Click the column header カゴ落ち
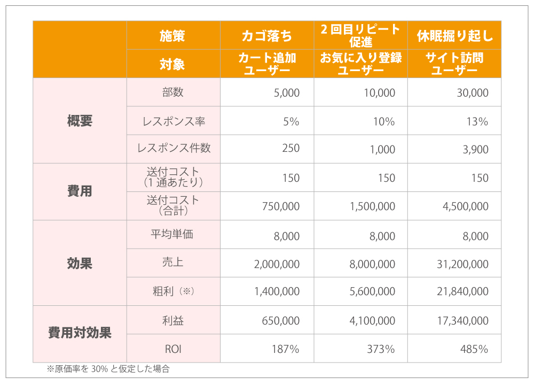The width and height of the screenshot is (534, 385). click(267, 36)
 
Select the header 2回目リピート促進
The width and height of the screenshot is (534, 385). click(360, 35)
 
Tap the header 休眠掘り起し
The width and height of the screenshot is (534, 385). click(454, 36)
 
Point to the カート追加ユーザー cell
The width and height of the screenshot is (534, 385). click(267, 64)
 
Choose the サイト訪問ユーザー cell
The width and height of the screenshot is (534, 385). click(454, 64)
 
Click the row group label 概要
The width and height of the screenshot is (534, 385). click(80, 121)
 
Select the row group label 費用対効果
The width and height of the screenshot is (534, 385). click(80, 334)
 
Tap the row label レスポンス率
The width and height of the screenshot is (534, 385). click(174, 121)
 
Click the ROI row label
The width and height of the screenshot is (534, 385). click(174, 349)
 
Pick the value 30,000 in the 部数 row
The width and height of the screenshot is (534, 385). click(472, 93)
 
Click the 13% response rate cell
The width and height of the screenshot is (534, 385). click(477, 121)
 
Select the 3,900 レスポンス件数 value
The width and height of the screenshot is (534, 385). click(475, 150)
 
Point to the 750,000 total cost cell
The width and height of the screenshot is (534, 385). click(281, 206)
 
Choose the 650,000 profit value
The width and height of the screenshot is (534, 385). click(281, 321)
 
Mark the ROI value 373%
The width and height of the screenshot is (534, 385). click(381, 349)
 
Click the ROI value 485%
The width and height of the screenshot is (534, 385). click(474, 349)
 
